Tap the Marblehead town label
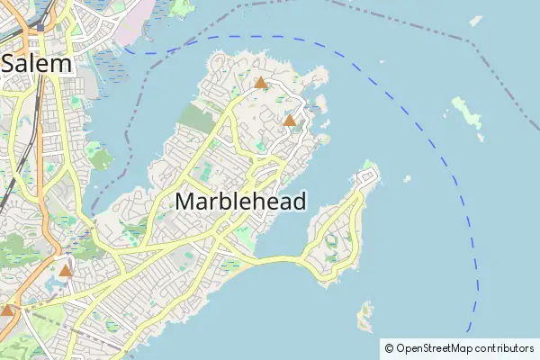240,201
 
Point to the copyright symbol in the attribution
389,347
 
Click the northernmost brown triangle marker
261,83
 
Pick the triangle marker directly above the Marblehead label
290,120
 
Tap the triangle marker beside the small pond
65,269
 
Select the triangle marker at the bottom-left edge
7,310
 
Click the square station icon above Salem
40,28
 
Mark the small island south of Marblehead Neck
364,315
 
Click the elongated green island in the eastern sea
467,116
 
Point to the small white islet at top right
476,21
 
